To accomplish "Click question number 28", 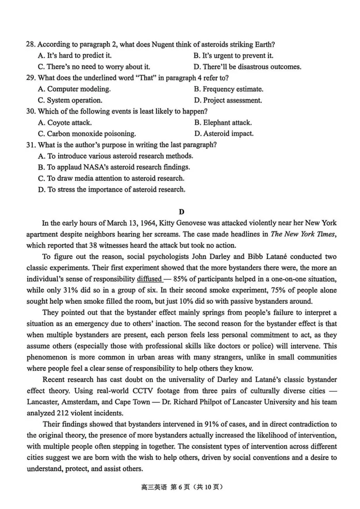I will pos(31,44).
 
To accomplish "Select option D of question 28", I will pos(247,67).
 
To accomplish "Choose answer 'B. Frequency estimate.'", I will pos(229,89).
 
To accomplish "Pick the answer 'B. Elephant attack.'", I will pos(223,122).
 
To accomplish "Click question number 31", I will pos(31,145).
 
